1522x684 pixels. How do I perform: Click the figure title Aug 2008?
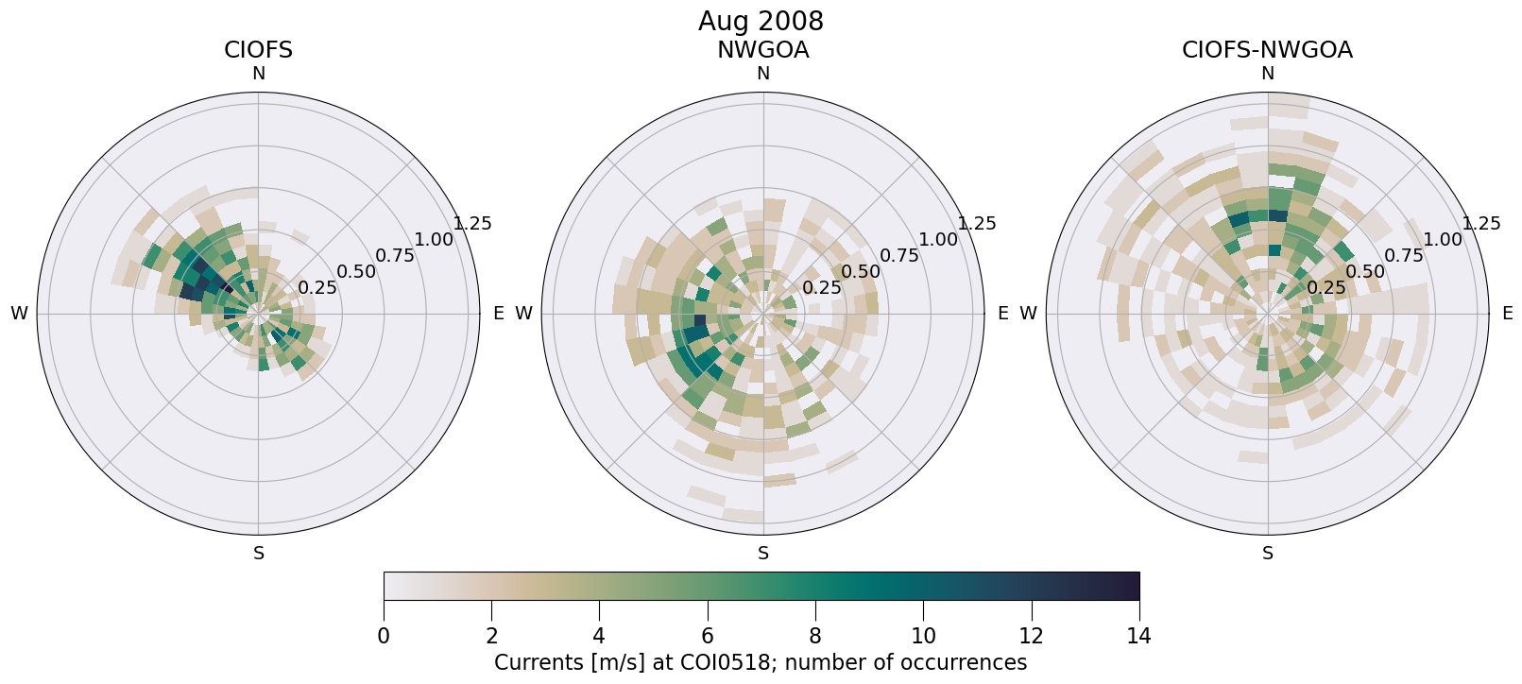tap(761, 21)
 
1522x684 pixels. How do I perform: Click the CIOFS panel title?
tap(258, 50)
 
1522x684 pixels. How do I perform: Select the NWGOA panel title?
tap(762, 50)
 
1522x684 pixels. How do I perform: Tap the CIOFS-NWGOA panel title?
tap(1267, 50)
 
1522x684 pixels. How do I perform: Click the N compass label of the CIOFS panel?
tap(258, 74)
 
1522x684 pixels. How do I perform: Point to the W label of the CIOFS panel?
tap(19, 314)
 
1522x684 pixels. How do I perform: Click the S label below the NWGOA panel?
tap(762, 554)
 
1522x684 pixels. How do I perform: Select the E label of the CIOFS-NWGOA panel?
tap(1507, 314)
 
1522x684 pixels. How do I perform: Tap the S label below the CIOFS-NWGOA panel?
tap(1267, 554)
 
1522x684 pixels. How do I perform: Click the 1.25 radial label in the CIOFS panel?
tap(472, 224)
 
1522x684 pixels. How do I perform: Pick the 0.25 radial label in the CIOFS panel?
tap(317, 288)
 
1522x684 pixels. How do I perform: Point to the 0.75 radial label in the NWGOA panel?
tap(899, 255)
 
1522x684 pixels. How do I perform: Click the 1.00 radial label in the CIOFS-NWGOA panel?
tap(1443, 240)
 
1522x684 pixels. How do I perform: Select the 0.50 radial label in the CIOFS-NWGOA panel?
tap(1365, 272)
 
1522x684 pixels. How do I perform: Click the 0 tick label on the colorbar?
tap(384, 636)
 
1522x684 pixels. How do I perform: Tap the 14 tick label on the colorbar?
tap(1138, 636)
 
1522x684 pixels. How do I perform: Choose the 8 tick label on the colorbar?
tap(815, 636)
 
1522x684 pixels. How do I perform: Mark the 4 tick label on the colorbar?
tap(599, 636)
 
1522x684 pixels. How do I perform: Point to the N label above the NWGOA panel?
tap(762, 74)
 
